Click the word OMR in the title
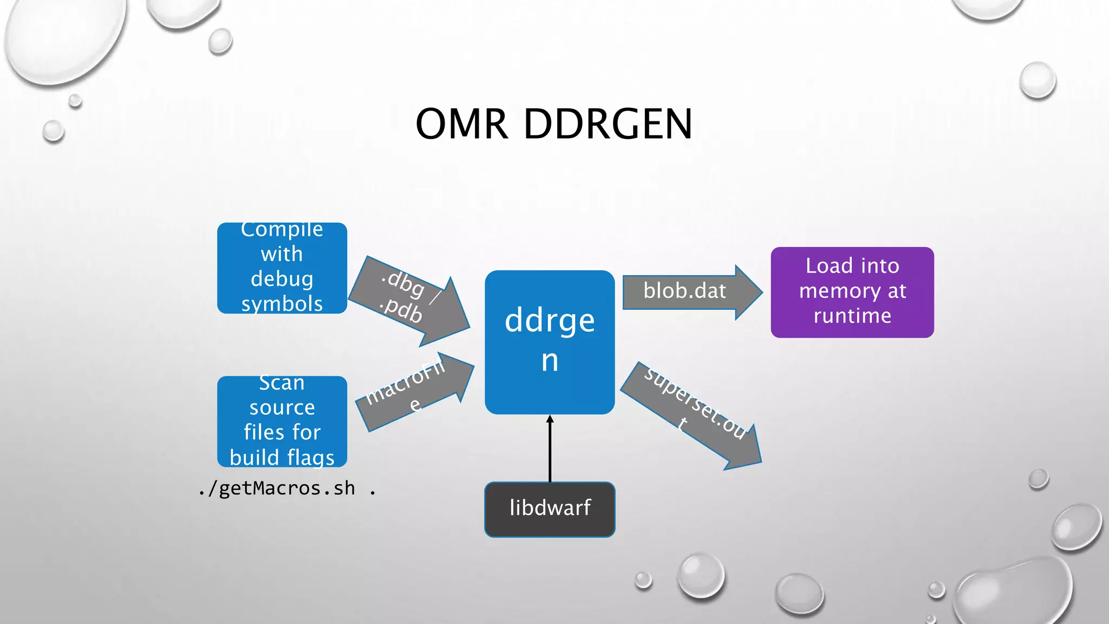tap(461, 124)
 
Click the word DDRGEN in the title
tap(608, 124)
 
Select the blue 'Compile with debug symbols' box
tap(282, 268)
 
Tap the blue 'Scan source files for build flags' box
tap(282, 421)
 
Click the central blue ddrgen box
tap(549, 342)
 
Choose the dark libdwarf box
tap(550, 509)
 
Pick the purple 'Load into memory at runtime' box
tap(852, 292)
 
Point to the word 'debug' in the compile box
tap(282, 278)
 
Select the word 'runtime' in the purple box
tap(852, 316)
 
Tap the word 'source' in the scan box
tap(282, 407)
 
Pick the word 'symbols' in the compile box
tap(282, 304)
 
